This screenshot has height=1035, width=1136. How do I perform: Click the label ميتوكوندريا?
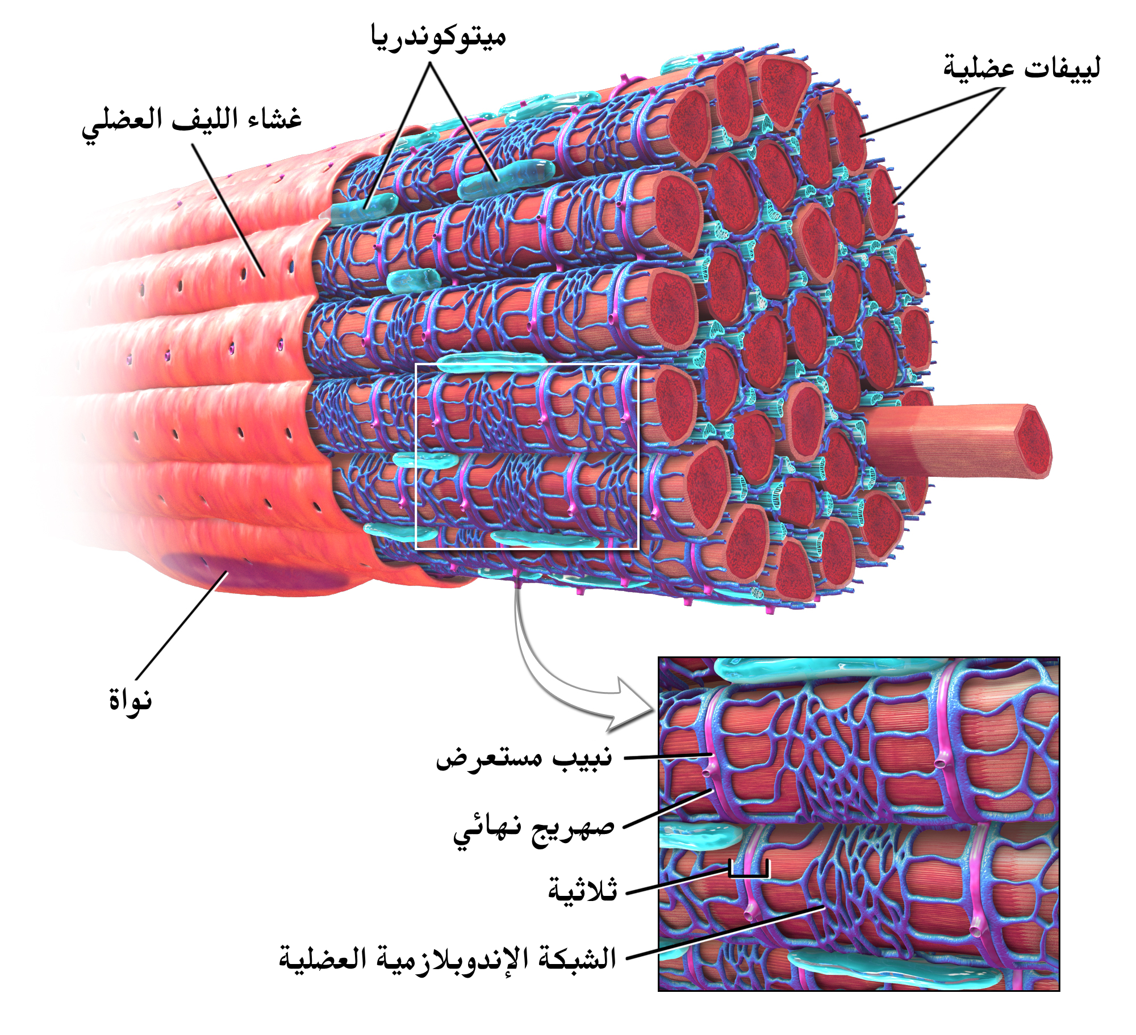[x=438, y=38]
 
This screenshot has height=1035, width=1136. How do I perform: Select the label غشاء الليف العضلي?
[x=192, y=123]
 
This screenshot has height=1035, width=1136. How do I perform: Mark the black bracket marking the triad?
[x=749, y=869]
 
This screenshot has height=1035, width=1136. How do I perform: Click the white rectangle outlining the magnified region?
[x=527, y=456]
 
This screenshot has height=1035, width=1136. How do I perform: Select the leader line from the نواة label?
[x=182, y=625]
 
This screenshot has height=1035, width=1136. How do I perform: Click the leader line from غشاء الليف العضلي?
[x=228, y=210]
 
